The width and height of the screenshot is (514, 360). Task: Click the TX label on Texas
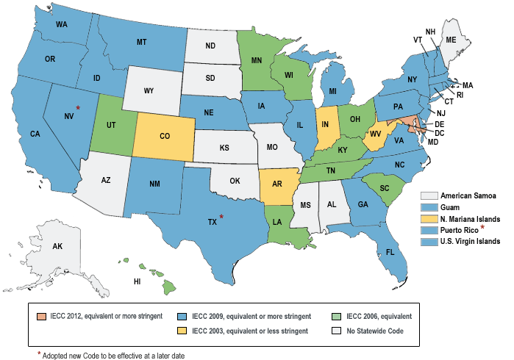pos(212,220)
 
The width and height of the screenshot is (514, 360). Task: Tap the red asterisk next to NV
pos(78,108)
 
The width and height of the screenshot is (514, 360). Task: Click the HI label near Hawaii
pos(137,281)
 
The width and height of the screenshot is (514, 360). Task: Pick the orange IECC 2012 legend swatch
pos(41,316)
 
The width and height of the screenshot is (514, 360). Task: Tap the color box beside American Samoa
pos(428,195)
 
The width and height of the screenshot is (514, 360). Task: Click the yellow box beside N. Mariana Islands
pos(428,219)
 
